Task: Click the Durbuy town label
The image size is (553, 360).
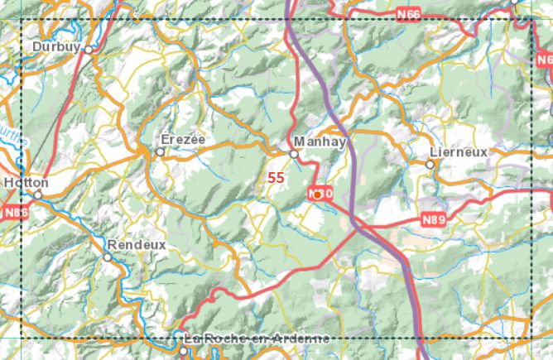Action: pos(56,48)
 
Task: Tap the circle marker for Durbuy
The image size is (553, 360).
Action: pos(89,50)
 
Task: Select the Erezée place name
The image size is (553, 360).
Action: pos(183,139)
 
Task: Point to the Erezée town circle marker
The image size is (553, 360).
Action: pos(161,151)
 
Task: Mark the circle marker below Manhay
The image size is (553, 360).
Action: pos(293,153)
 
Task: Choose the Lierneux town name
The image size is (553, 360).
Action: pos(459,152)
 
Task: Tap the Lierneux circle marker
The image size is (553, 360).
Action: pos(430,165)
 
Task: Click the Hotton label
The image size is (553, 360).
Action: pos(26,182)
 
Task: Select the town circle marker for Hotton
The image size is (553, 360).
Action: pos(38,195)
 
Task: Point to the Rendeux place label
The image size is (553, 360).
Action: pos(136,245)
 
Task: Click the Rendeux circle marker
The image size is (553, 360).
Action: pos(107,257)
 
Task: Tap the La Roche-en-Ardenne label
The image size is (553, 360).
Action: pos(256,338)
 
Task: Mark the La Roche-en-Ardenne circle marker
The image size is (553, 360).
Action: pos(184,351)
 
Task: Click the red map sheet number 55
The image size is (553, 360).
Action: pos(276,177)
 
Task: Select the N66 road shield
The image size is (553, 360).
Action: pos(408,14)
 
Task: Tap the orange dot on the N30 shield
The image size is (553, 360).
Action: pos(317,194)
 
